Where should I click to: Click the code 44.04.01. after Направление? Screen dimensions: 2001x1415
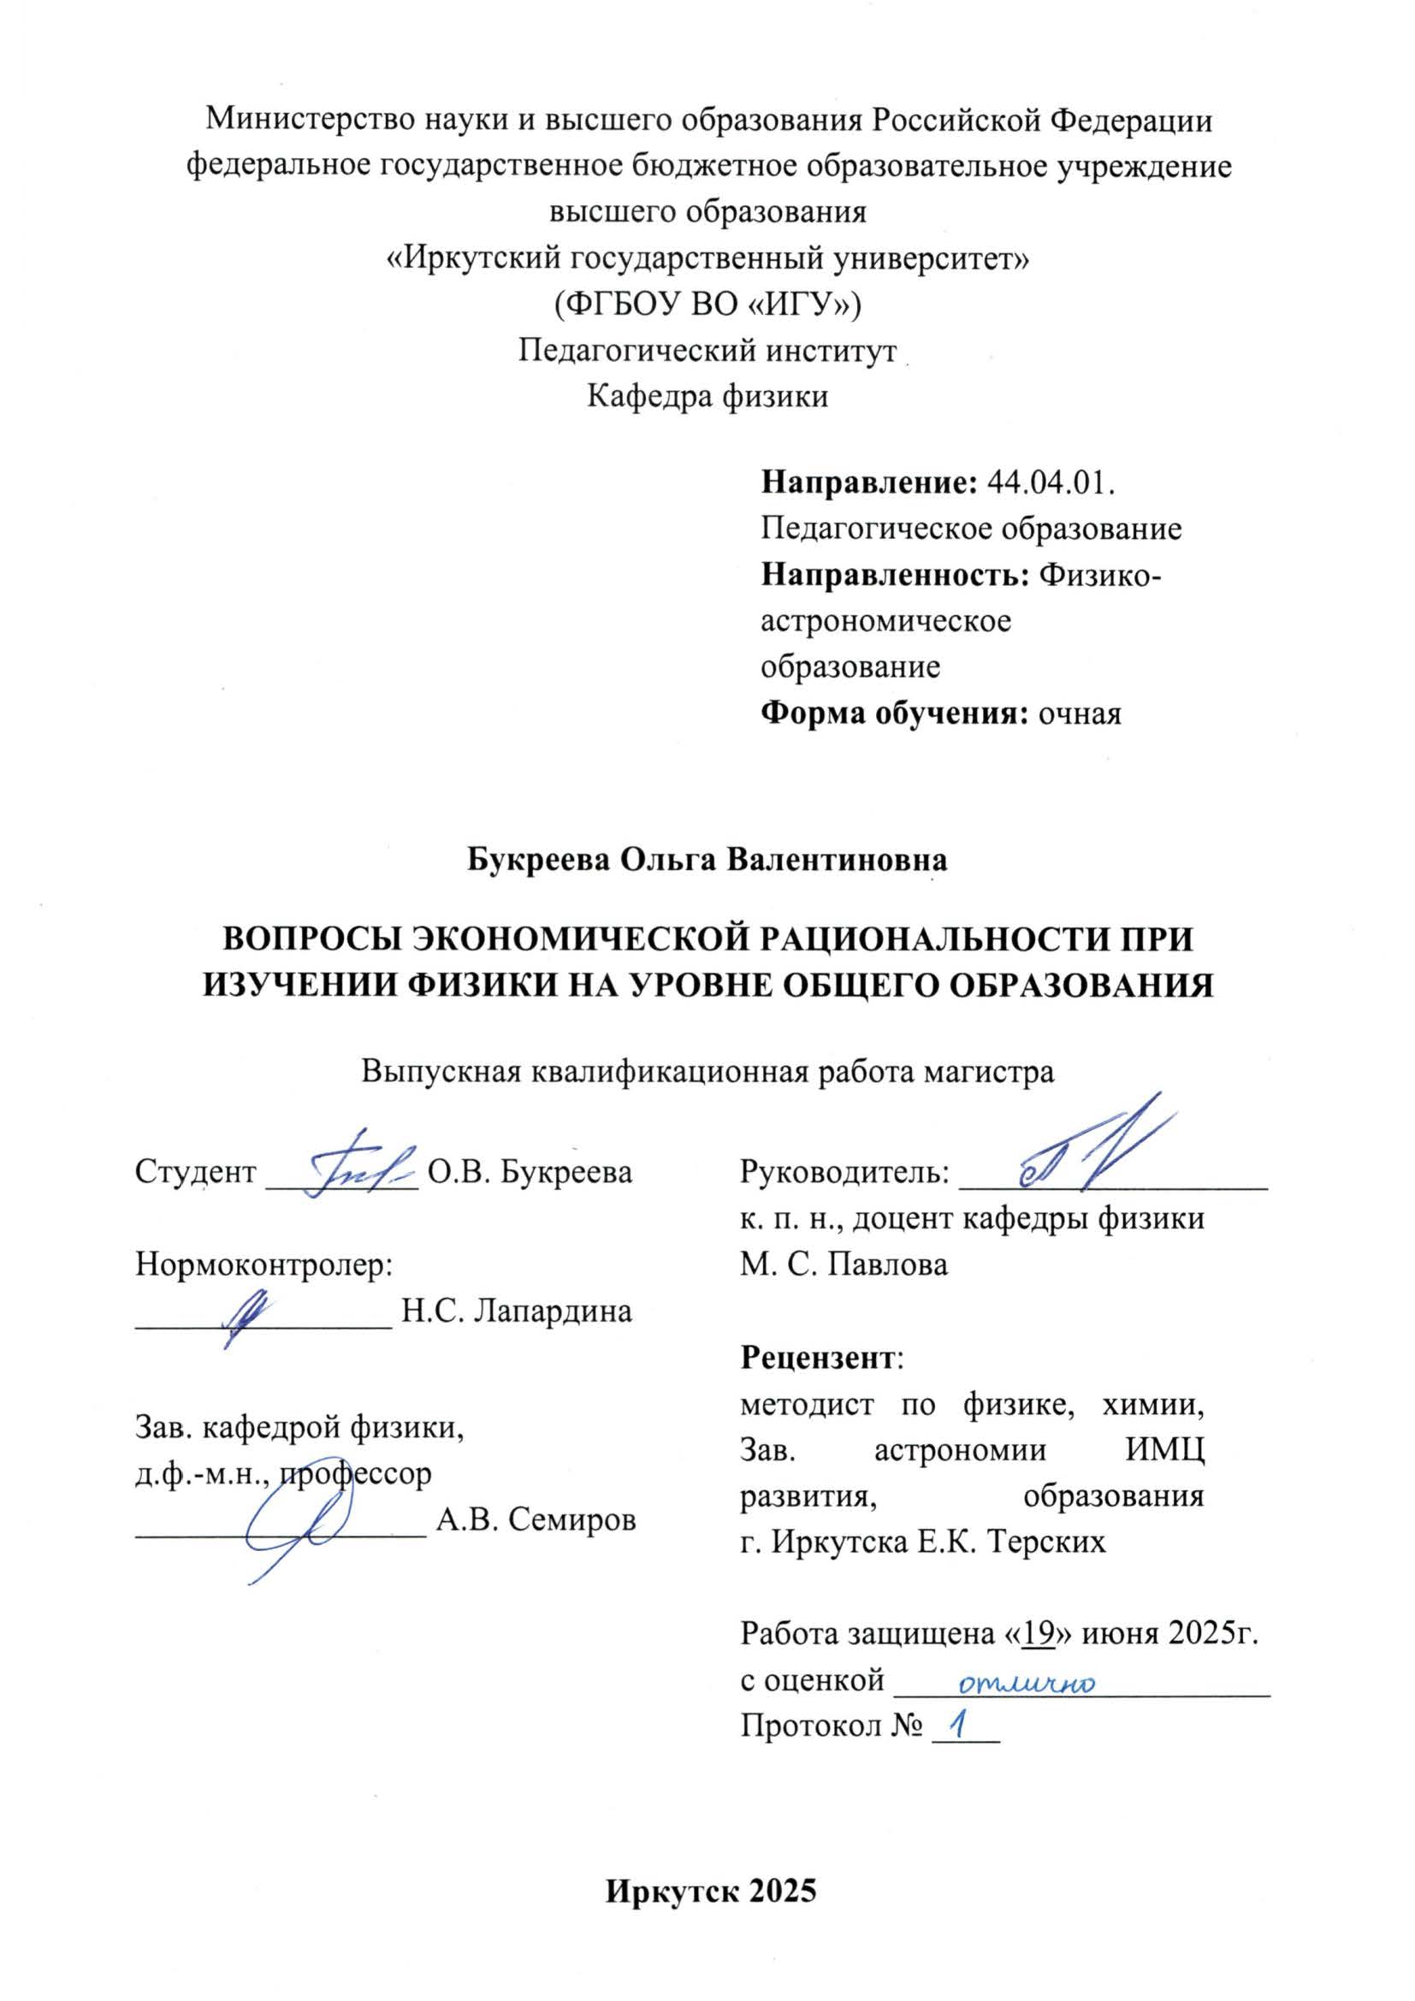[1051, 482]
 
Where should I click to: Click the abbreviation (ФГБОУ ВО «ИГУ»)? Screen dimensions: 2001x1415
[707, 305]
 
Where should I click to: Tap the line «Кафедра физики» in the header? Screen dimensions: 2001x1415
[707, 397]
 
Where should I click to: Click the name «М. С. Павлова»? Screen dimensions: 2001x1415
[844, 1264]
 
